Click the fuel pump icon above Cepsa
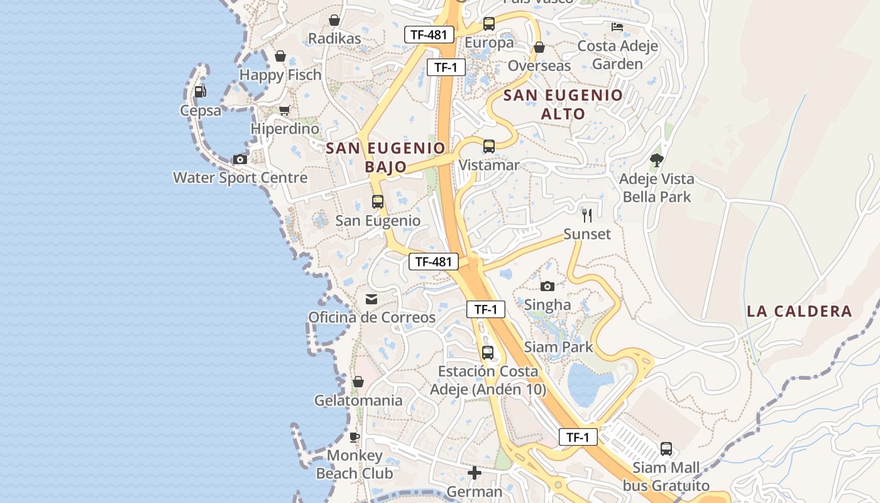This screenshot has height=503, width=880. (x=200, y=91)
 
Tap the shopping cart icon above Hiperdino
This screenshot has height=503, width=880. (x=284, y=110)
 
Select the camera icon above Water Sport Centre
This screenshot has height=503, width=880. (x=239, y=159)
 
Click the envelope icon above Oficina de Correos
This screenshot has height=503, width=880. (x=371, y=299)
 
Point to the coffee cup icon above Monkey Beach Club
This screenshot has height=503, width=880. (x=355, y=436)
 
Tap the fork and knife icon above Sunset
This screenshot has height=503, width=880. (x=587, y=216)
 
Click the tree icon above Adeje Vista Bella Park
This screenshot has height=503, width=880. (x=656, y=160)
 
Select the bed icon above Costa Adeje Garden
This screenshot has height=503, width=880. (x=617, y=27)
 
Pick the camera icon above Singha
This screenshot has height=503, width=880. (x=547, y=286)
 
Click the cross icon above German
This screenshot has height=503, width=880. (x=475, y=472)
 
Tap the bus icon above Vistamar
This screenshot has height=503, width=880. (x=489, y=146)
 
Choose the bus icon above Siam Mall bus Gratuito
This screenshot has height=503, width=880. (x=666, y=449)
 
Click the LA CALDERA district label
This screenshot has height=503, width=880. (x=799, y=311)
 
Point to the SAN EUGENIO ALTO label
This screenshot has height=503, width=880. (x=563, y=104)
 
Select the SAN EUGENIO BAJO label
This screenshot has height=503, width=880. (x=386, y=157)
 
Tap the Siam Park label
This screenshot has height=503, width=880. (x=558, y=346)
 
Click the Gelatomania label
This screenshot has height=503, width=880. (x=358, y=401)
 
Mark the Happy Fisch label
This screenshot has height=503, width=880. (x=280, y=75)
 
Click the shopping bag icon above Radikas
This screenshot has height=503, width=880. (x=334, y=20)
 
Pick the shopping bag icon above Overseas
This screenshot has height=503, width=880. (x=539, y=47)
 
